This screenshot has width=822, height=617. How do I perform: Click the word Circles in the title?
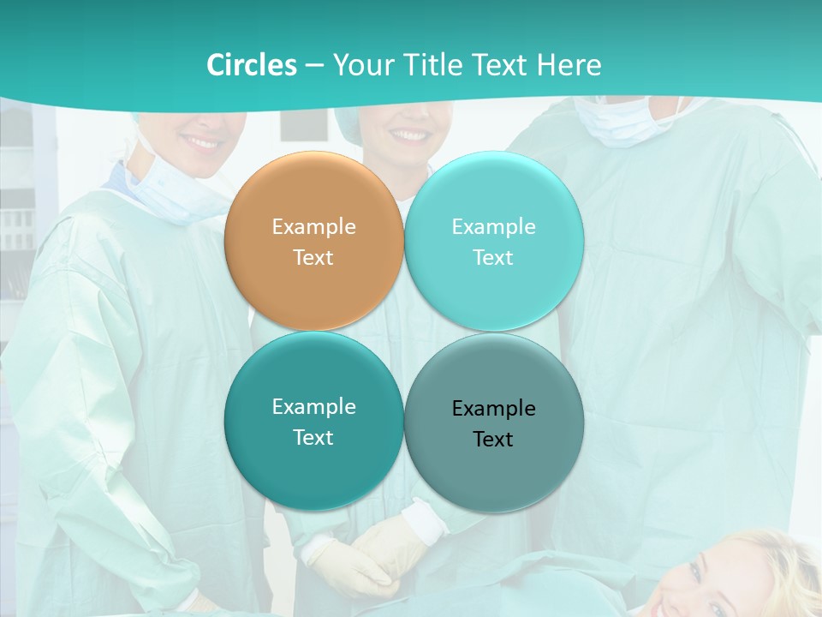click(x=252, y=65)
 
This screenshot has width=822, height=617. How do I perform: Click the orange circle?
click(x=314, y=241)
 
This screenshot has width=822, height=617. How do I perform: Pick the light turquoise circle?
click(x=494, y=241)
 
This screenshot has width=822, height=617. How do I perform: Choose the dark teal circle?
click(x=314, y=421)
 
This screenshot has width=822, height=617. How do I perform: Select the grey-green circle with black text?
click(x=494, y=422)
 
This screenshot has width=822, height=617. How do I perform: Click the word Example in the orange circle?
click(x=314, y=226)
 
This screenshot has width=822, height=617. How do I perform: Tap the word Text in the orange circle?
click(x=313, y=257)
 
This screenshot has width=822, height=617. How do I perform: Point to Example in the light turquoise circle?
click(x=494, y=226)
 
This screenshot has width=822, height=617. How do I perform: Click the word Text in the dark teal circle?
click(x=313, y=437)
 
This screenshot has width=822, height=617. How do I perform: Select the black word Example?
click(x=494, y=408)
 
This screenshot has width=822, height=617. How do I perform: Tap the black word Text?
click(x=493, y=439)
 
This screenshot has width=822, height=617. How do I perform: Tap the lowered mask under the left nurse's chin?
click(x=171, y=193)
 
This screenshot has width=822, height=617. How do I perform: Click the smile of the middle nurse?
click(x=409, y=135)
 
